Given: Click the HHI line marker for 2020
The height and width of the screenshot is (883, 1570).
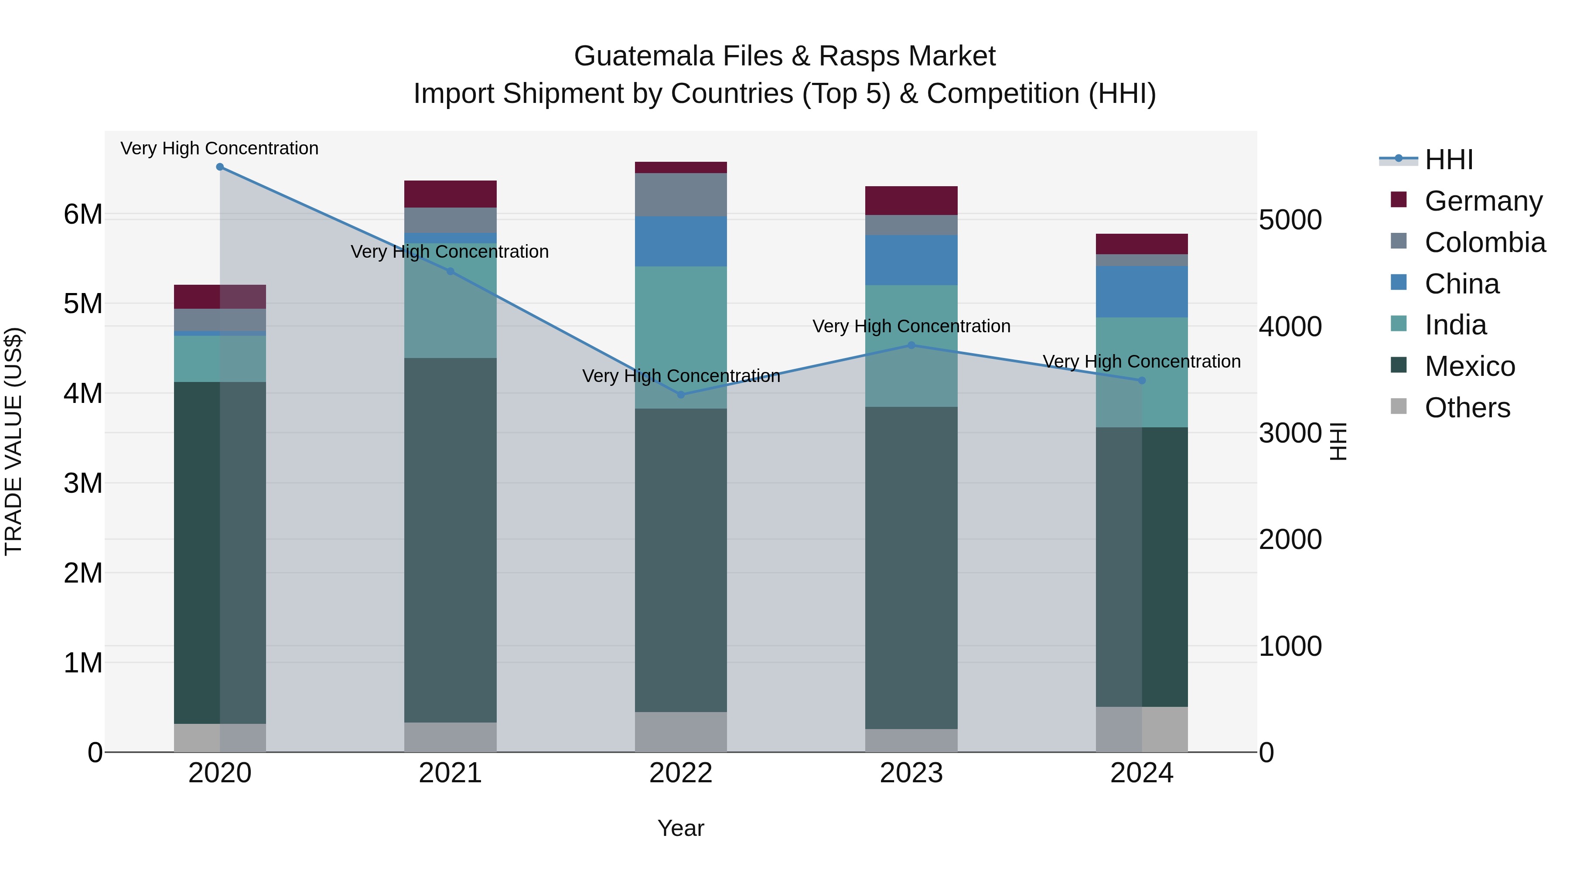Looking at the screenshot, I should click(220, 167).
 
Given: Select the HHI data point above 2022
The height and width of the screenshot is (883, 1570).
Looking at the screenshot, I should click(681, 395).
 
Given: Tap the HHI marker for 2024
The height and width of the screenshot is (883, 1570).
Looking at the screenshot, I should click(1142, 380).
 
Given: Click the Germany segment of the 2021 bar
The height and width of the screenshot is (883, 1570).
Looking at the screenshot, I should click(451, 194).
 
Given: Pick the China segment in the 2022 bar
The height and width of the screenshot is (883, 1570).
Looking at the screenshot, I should click(681, 241).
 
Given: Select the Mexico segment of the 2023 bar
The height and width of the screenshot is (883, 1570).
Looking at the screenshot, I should click(911, 567).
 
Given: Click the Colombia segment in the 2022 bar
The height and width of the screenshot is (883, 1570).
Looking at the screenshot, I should click(681, 194).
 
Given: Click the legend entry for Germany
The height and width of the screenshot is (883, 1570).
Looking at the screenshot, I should click(1484, 201).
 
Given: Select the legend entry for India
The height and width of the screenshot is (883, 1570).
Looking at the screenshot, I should click(1455, 325).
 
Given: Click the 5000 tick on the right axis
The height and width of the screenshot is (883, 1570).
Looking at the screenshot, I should click(1290, 221).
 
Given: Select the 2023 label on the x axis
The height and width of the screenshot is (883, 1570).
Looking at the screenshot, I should click(911, 773).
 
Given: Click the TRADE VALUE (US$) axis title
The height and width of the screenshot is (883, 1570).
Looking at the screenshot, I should click(14, 441).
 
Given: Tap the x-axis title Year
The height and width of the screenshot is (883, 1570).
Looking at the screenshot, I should click(681, 828).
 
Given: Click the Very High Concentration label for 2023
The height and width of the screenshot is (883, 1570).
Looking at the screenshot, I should click(911, 327).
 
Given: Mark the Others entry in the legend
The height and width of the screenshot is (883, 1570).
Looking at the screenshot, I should click(1467, 408).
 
